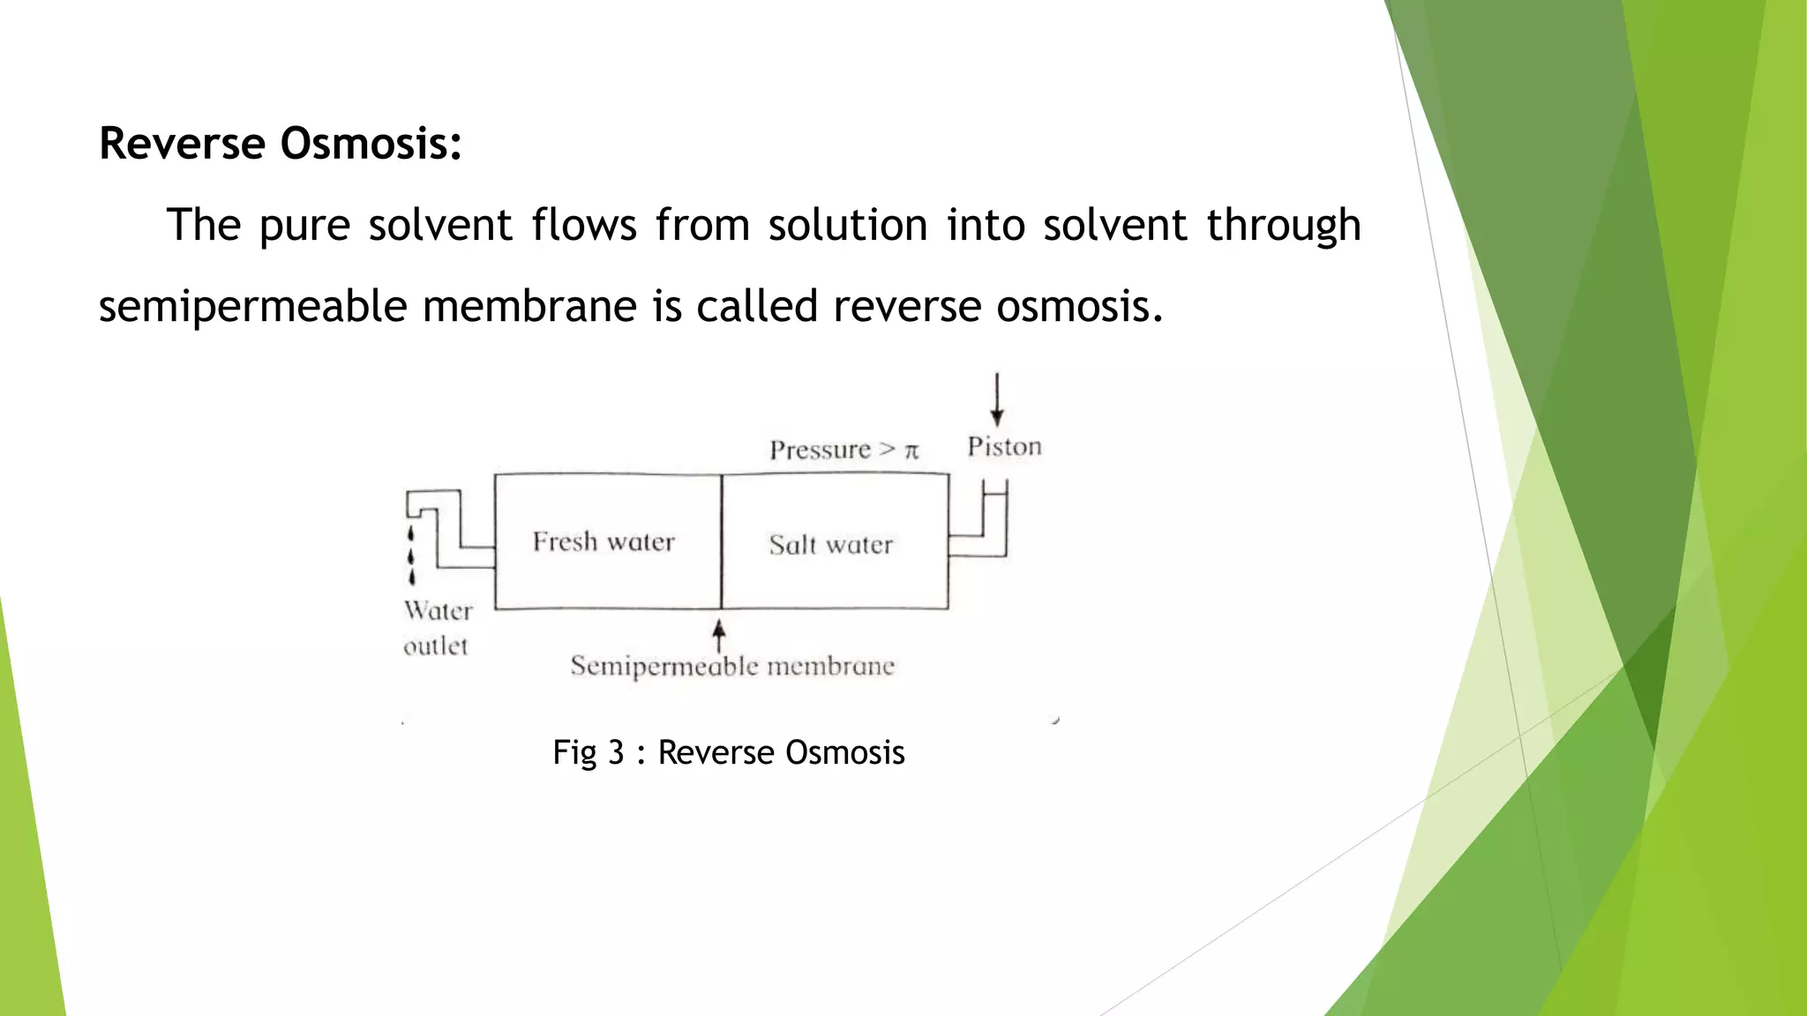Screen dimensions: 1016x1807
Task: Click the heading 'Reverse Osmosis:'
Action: click(281, 143)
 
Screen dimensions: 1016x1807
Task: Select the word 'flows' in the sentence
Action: click(583, 225)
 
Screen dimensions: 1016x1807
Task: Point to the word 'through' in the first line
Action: click(1283, 226)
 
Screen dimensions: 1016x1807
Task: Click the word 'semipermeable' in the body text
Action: click(252, 308)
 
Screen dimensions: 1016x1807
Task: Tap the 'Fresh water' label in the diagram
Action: click(604, 542)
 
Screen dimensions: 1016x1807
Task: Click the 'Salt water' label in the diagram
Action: click(830, 544)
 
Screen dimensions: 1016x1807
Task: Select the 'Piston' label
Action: click(1004, 446)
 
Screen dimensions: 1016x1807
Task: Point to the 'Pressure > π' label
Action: click(844, 450)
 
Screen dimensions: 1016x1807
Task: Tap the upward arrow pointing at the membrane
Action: click(719, 634)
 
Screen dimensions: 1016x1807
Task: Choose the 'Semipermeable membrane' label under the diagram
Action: click(732, 666)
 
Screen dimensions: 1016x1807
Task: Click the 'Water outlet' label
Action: click(438, 628)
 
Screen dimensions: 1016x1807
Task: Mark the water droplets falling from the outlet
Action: click(411, 556)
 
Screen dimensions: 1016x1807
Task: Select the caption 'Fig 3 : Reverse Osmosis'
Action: click(728, 752)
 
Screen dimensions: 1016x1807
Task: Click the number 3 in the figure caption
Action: click(616, 752)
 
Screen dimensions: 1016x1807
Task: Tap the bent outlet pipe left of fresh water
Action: click(450, 529)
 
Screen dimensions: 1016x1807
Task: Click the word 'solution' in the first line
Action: click(847, 225)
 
